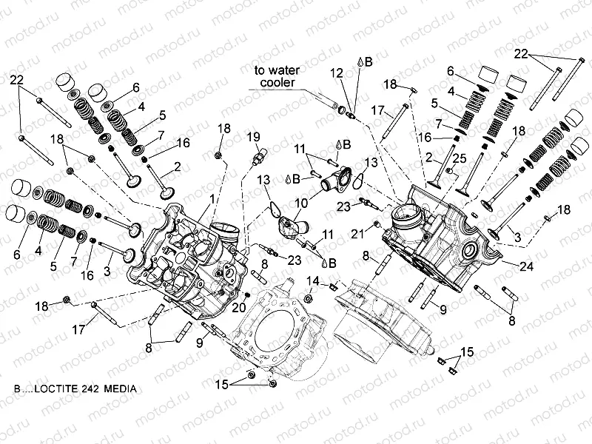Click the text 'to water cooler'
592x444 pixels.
click(275, 76)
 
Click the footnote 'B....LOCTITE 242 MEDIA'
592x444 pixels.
click(73, 388)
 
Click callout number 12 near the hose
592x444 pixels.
click(336, 73)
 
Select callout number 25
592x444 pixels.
click(459, 158)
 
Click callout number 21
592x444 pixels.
click(357, 234)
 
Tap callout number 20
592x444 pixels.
click(239, 307)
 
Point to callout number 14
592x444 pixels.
click(313, 281)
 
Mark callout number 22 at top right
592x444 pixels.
click(522, 54)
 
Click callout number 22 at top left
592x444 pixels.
click(16, 80)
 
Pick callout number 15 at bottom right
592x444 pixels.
click(466, 351)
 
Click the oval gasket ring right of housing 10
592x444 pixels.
click(359, 178)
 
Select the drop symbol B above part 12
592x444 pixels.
click(363, 62)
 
